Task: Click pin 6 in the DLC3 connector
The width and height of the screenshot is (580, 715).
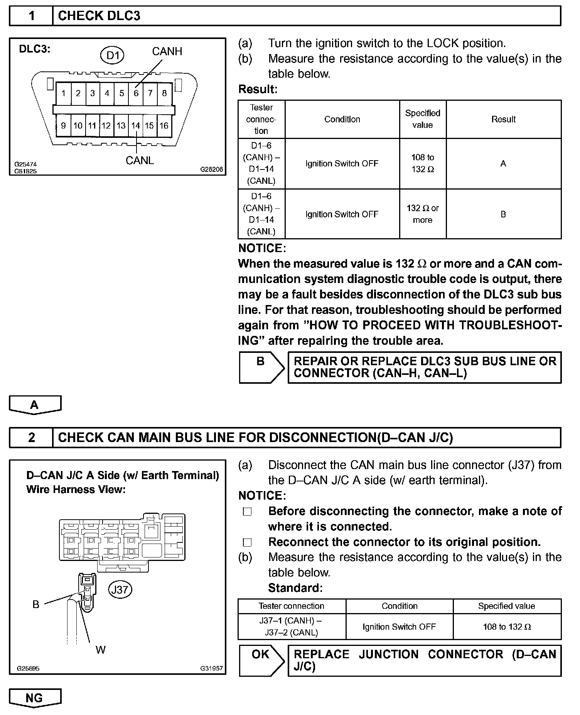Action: tap(136, 93)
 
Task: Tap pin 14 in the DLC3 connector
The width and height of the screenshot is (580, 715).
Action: tap(135, 125)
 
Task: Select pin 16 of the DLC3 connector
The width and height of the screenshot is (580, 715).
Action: tap(164, 125)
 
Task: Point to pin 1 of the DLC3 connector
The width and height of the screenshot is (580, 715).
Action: tap(63, 93)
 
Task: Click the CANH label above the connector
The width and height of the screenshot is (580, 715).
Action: tap(167, 51)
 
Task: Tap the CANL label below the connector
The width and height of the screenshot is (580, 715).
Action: tap(140, 161)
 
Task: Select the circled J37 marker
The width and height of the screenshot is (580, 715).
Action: tap(120, 590)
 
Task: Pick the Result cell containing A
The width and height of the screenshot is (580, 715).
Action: tap(503, 164)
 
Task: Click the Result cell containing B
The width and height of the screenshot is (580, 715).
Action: tap(503, 214)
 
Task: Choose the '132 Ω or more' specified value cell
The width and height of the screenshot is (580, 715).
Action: tap(423, 214)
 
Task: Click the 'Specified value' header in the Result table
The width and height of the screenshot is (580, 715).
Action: tap(423, 119)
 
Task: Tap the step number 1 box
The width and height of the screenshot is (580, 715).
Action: tap(31, 16)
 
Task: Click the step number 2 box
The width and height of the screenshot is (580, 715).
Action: tap(31, 437)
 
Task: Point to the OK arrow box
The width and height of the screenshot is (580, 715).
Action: tap(261, 660)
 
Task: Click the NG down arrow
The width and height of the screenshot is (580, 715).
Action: tap(35, 698)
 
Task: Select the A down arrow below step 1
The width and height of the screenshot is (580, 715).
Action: tap(35, 405)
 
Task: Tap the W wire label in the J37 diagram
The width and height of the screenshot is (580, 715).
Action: tap(100, 650)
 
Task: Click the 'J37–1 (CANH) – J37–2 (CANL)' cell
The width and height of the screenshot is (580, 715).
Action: tap(292, 627)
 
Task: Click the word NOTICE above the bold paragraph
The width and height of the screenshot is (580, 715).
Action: tap(262, 248)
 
